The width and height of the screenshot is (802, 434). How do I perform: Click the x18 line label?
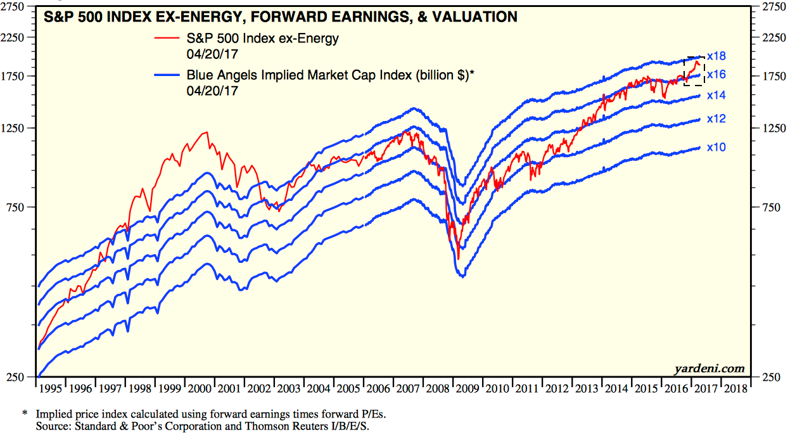716,56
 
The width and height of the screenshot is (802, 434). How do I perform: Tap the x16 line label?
716,75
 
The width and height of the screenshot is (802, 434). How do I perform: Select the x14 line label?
716,95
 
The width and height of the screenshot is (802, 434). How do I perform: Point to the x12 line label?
716,119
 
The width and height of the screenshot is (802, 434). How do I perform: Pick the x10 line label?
716,148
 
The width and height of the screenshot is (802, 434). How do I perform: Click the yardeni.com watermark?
711,368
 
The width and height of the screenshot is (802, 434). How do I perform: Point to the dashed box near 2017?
694,70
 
